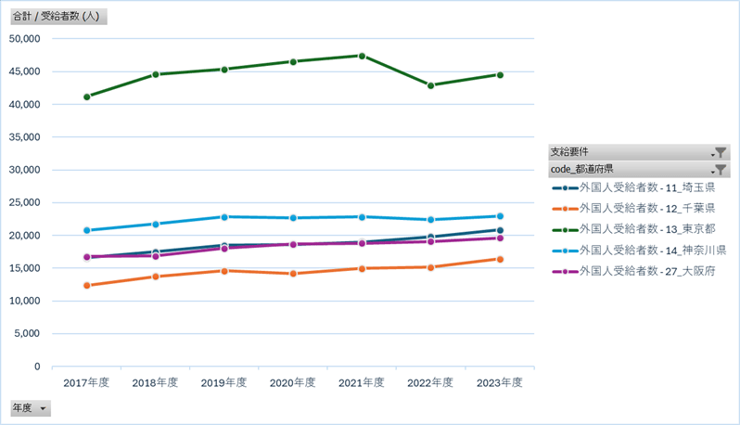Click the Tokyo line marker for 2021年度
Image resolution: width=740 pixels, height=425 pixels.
362,56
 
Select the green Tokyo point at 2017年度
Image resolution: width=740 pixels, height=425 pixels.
87,97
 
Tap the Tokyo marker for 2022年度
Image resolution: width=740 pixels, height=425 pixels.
430,85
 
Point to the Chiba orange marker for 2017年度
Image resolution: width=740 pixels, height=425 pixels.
87,286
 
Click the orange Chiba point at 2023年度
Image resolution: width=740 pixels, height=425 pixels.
500,259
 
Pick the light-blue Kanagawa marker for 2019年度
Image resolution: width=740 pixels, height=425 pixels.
224,217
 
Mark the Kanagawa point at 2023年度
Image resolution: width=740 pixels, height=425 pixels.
500,216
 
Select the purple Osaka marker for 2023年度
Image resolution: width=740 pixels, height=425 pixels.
500,238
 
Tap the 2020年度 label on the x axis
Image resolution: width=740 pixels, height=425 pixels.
293,382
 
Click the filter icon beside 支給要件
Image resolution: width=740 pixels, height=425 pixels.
720,152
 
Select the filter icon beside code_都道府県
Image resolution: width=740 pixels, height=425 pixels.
720,170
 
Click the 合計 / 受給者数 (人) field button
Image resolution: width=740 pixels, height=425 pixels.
58,17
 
